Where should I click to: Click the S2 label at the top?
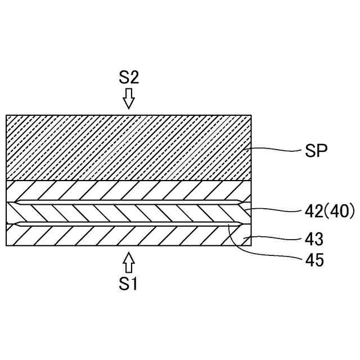pyautogui.click(x=129, y=78)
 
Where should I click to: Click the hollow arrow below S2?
pyautogui.click(x=129, y=97)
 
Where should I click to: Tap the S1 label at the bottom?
pyautogui.click(x=129, y=284)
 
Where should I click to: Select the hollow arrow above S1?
pyautogui.click(x=129, y=263)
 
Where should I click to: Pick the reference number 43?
pyautogui.click(x=314, y=239)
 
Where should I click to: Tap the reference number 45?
pyautogui.click(x=314, y=260)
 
